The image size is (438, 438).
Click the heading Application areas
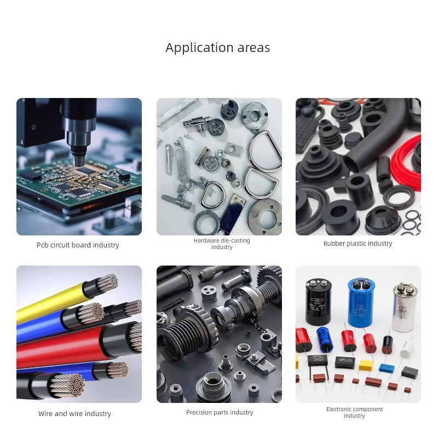click(x=217, y=48)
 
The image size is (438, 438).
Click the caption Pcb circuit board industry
click(x=78, y=245)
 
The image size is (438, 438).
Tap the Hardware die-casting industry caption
click(x=222, y=244)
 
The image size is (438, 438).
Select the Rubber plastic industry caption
click(x=358, y=244)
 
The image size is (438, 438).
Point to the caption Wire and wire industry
click(x=74, y=413)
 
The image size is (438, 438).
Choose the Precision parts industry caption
click(x=220, y=412)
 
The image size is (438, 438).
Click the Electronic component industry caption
click(x=354, y=412)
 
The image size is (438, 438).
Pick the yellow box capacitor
click(x=366, y=365)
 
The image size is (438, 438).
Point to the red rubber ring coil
click(x=406, y=165)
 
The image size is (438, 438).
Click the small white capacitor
click(x=406, y=349)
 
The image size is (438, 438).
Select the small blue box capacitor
click(x=387, y=368)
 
